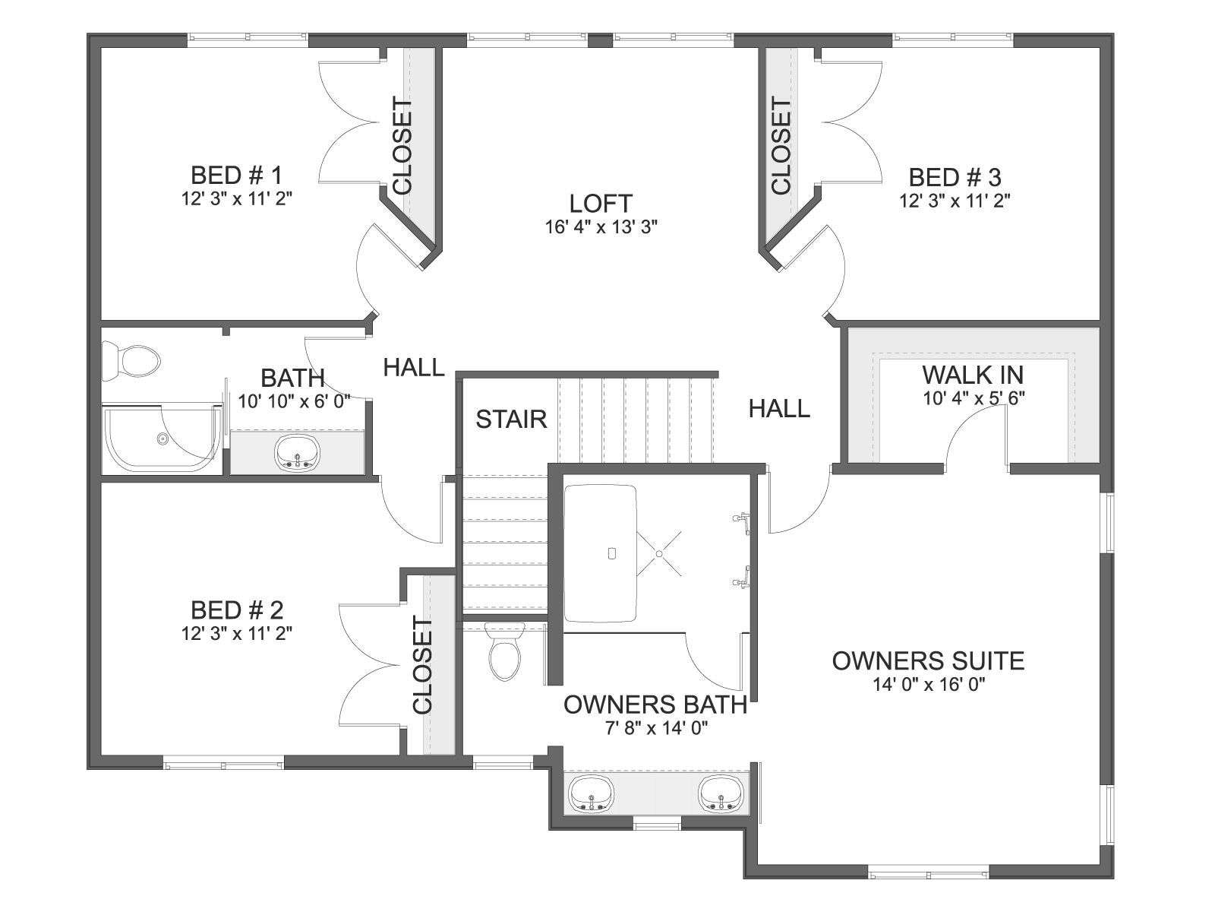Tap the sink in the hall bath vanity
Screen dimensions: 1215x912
point(297,452)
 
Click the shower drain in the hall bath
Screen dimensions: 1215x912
point(163,439)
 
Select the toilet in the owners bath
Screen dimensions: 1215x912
point(505,651)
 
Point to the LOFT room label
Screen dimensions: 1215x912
point(601,203)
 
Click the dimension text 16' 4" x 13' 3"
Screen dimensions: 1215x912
point(601,227)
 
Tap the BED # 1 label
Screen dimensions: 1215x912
point(236,176)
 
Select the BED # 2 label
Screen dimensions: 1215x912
point(237,610)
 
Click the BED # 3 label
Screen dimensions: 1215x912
point(955,178)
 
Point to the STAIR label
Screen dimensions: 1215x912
point(512,420)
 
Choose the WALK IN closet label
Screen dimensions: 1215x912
point(973,375)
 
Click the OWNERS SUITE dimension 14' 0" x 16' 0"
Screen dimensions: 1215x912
point(929,685)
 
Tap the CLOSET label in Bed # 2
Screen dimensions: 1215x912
point(422,667)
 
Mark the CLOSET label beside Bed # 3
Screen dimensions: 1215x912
point(781,146)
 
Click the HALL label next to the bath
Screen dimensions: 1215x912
point(414,367)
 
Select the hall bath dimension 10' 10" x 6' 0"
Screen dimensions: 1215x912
point(295,401)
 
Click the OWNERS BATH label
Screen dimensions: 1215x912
point(655,705)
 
